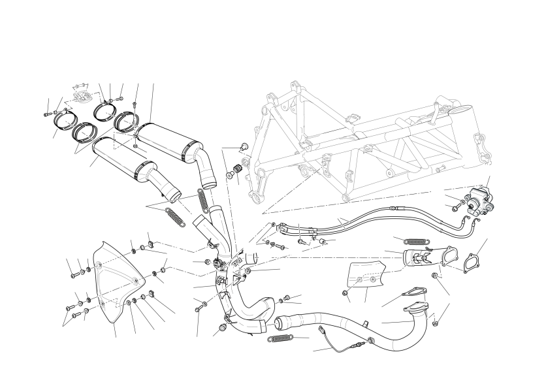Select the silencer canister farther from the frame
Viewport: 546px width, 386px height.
[124, 155]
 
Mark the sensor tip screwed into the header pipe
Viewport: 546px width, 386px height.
[370, 340]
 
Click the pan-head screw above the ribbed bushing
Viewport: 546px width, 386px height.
[245, 147]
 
